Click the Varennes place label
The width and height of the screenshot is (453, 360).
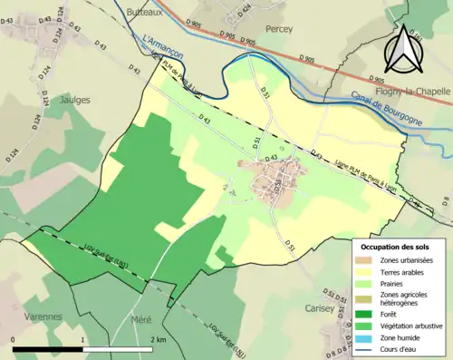click(x=43, y=316)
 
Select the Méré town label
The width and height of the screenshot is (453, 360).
click(x=141, y=321)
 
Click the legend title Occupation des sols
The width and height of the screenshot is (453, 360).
click(x=395, y=246)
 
